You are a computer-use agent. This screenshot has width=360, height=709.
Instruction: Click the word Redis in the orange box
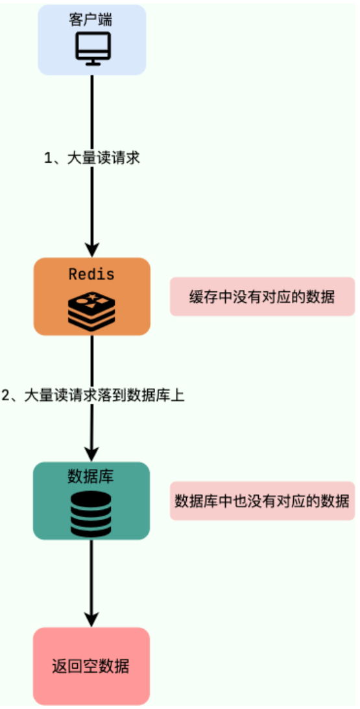(x=91, y=274)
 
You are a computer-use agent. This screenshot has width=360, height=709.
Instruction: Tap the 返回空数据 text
(x=91, y=666)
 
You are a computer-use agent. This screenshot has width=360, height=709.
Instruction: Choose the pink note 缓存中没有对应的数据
(x=262, y=296)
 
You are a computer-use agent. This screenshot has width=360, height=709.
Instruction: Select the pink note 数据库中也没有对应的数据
(x=262, y=501)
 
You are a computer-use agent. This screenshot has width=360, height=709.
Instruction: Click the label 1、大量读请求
(x=92, y=159)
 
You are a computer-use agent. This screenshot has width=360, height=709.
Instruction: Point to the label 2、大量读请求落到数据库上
(x=93, y=395)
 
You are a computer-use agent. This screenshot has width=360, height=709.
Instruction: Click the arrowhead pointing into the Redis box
(x=92, y=249)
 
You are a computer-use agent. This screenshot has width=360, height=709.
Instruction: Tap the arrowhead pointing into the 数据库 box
(x=92, y=453)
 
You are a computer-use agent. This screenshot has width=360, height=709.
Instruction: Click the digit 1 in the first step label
(x=48, y=159)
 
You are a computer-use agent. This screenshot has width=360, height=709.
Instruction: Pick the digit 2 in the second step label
(x=6, y=395)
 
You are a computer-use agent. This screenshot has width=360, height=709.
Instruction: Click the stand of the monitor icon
(x=92, y=62)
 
